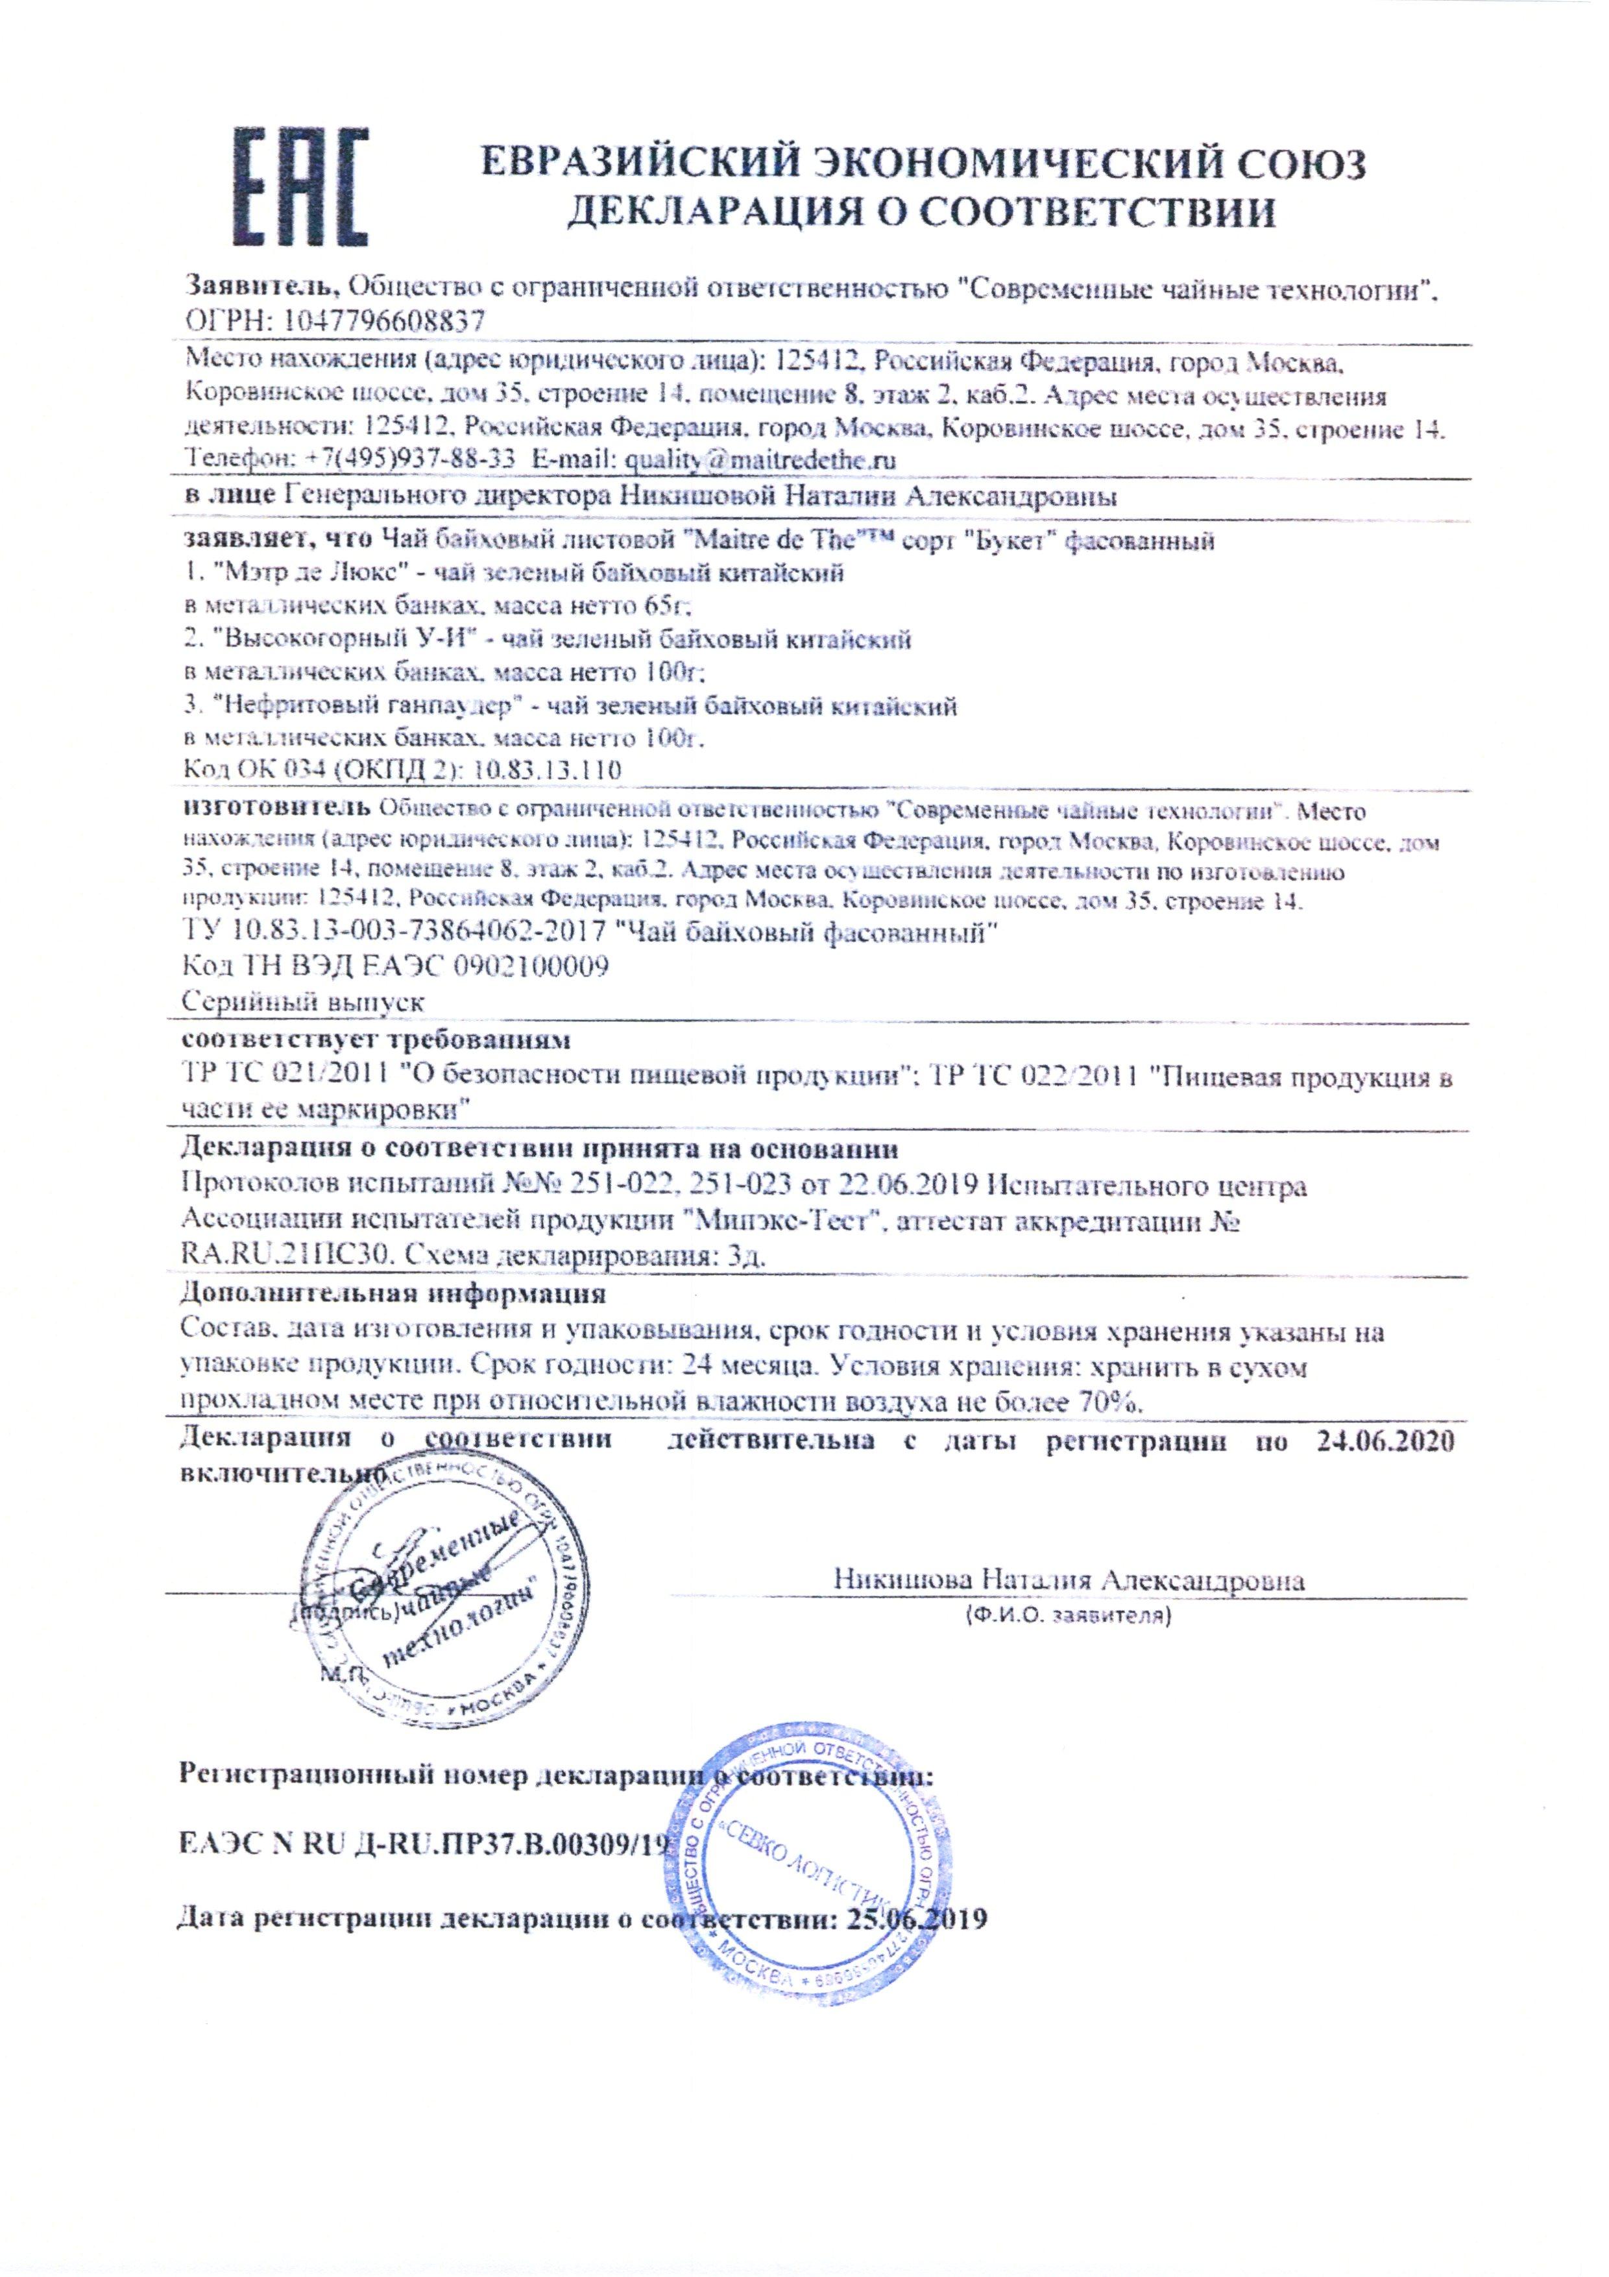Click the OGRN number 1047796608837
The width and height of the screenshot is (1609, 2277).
point(385,321)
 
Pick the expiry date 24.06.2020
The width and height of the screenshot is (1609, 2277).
point(1385,1440)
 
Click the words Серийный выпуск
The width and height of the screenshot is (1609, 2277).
point(304,1002)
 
